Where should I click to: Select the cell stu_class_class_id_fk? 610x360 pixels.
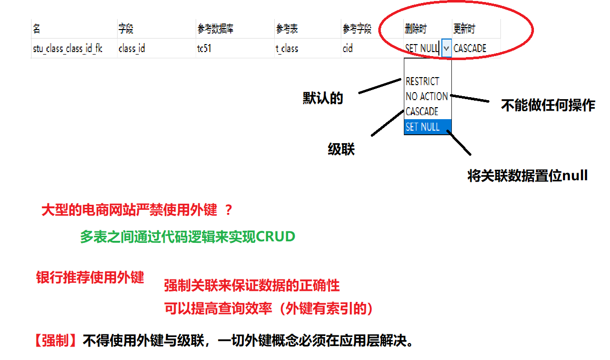click(68, 49)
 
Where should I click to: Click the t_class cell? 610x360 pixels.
click(287, 49)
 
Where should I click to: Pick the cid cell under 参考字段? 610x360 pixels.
click(348, 49)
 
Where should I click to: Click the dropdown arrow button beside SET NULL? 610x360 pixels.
click(446, 49)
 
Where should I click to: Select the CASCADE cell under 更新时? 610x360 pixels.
click(470, 49)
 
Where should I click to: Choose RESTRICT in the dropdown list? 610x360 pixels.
click(422, 81)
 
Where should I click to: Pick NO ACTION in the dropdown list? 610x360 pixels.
click(426, 96)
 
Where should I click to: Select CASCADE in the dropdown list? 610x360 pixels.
click(422, 111)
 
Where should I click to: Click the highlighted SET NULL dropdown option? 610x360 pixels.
click(423, 127)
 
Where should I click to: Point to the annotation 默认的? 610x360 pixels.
click(323, 98)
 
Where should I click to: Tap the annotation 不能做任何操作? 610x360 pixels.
click(548, 105)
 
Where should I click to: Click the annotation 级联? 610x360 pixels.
click(341, 149)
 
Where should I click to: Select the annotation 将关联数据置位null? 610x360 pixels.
click(527, 176)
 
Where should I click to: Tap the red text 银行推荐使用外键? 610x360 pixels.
click(90, 277)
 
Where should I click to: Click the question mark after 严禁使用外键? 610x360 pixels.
click(229, 210)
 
